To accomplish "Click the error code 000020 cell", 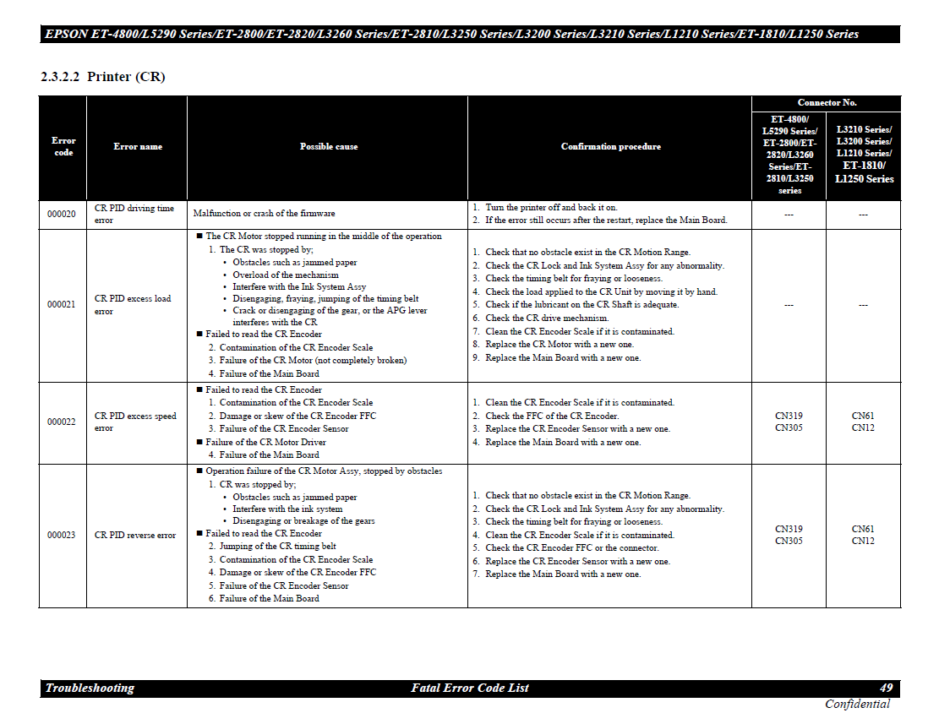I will [x=61, y=215].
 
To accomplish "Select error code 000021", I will [x=61, y=305].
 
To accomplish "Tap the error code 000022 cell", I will [x=61, y=422].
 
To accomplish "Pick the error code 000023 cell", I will [x=61, y=536].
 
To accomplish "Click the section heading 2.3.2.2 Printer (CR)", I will [x=102, y=77].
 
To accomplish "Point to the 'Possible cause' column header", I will [x=328, y=147].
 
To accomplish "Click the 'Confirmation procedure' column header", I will [x=610, y=147].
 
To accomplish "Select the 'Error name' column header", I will [x=138, y=147].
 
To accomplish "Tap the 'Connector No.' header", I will [x=827, y=103].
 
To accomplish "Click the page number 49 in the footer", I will [x=886, y=689].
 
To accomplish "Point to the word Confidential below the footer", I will [x=857, y=705].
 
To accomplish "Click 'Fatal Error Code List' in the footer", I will [x=470, y=689].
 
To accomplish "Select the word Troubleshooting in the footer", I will [x=90, y=689].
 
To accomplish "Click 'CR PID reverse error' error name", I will [x=135, y=536].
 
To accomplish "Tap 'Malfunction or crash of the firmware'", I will [x=264, y=214].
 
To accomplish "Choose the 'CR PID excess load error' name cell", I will [x=133, y=304].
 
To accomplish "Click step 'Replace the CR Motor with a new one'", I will [x=559, y=345].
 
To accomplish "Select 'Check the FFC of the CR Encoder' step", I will [x=552, y=416].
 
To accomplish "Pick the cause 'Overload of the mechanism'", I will [x=286, y=275].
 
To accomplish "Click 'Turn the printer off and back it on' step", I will [x=551, y=207].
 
